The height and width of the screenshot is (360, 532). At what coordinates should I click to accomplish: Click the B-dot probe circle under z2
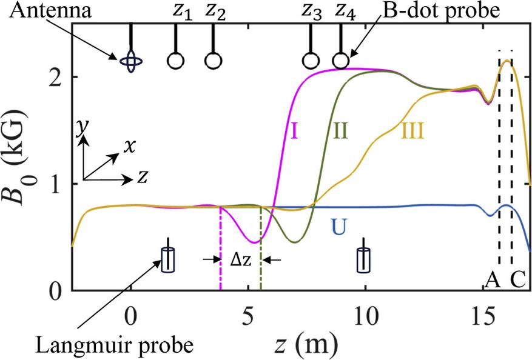point(212,61)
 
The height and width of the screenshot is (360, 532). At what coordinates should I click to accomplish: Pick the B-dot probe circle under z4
point(341,61)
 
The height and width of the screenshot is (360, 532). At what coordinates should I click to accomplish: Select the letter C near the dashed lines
point(517,279)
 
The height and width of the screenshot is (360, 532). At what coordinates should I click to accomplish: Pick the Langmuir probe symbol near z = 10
point(364,259)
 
